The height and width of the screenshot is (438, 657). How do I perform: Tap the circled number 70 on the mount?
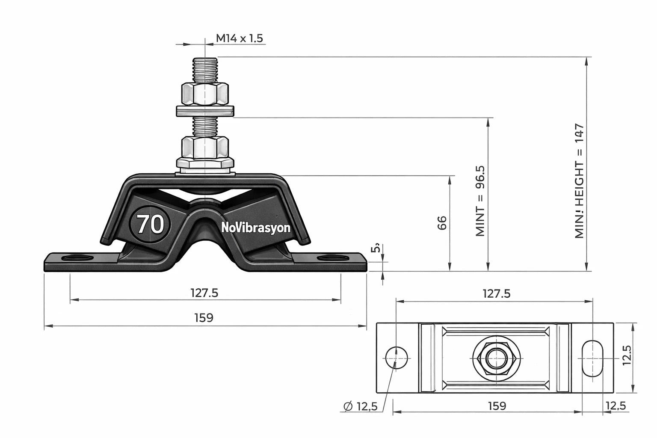pyautogui.click(x=150, y=224)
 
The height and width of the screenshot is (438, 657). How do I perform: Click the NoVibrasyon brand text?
pyautogui.click(x=256, y=228)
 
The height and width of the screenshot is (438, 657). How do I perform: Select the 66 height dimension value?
pyautogui.click(x=442, y=223)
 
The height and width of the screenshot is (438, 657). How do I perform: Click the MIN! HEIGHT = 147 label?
pyautogui.click(x=579, y=181)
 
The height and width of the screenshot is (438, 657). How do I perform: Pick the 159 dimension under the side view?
pyautogui.click(x=204, y=318)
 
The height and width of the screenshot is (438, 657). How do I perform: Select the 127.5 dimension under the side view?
pyautogui.click(x=204, y=293)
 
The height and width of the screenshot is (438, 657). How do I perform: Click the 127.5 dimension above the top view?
pyautogui.click(x=496, y=293)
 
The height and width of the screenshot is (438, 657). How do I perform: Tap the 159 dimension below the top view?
pyautogui.click(x=497, y=405)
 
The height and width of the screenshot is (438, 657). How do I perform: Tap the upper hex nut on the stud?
pyautogui.click(x=205, y=94)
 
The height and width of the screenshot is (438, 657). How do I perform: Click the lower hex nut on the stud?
pyautogui.click(x=205, y=147)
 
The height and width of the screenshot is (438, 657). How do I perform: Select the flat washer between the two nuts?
pyautogui.click(x=205, y=111)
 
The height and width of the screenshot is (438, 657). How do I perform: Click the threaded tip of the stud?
pyautogui.click(x=205, y=68)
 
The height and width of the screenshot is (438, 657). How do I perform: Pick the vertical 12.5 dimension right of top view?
pyautogui.click(x=627, y=355)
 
